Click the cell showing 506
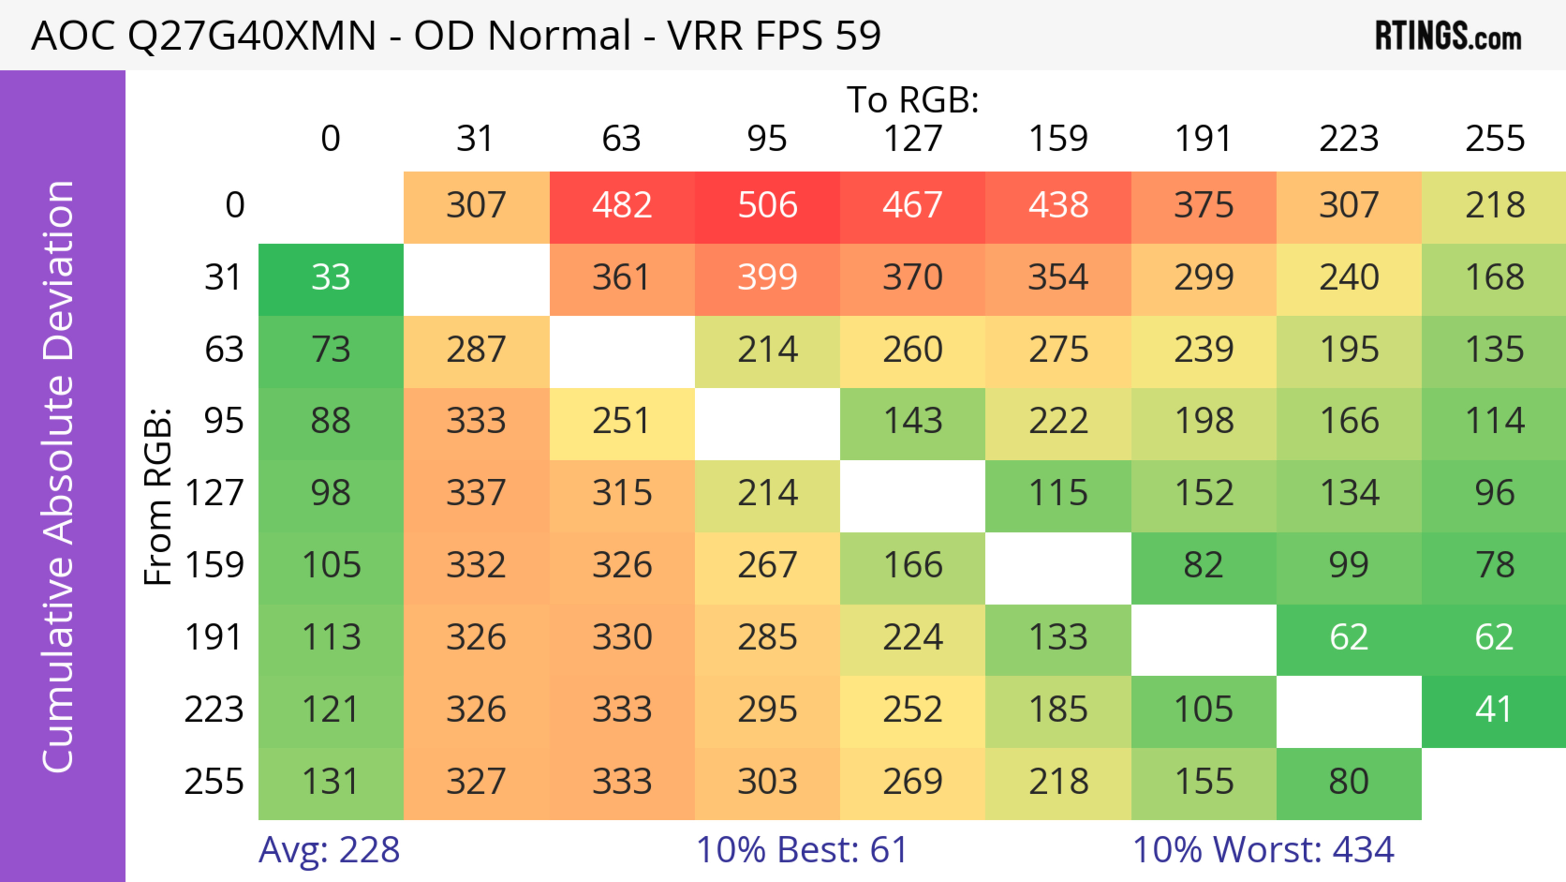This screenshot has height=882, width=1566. click(767, 206)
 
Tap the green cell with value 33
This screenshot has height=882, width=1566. click(331, 278)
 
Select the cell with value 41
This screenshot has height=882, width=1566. click(1494, 710)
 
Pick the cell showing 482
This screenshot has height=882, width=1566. click(622, 206)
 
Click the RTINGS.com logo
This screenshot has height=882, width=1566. click(1448, 36)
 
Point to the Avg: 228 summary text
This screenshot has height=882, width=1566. click(329, 850)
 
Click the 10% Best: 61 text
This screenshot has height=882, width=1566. click(801, 850)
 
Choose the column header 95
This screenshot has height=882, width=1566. click(767, 139)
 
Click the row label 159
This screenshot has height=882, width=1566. click(215, 565)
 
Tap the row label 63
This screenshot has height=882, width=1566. click(224, 350)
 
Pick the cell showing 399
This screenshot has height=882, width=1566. click(767, 278)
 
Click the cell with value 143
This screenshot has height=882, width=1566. click(913, 421)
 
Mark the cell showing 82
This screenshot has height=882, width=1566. click(1203, 565)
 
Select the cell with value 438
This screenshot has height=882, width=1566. click(1058, 206)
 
